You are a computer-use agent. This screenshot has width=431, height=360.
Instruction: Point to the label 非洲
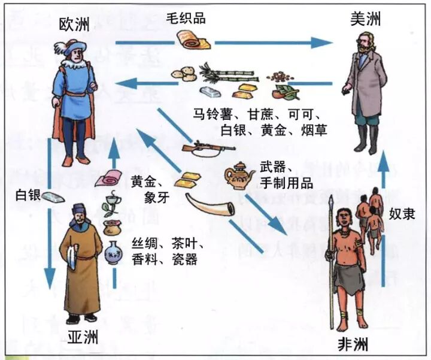pos(353,344)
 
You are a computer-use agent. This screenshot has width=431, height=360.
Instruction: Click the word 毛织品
pos(186,17)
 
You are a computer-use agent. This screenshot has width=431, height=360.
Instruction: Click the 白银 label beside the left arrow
pos(28,196)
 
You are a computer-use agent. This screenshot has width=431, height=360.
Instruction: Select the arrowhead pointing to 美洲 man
pos(323,43)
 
